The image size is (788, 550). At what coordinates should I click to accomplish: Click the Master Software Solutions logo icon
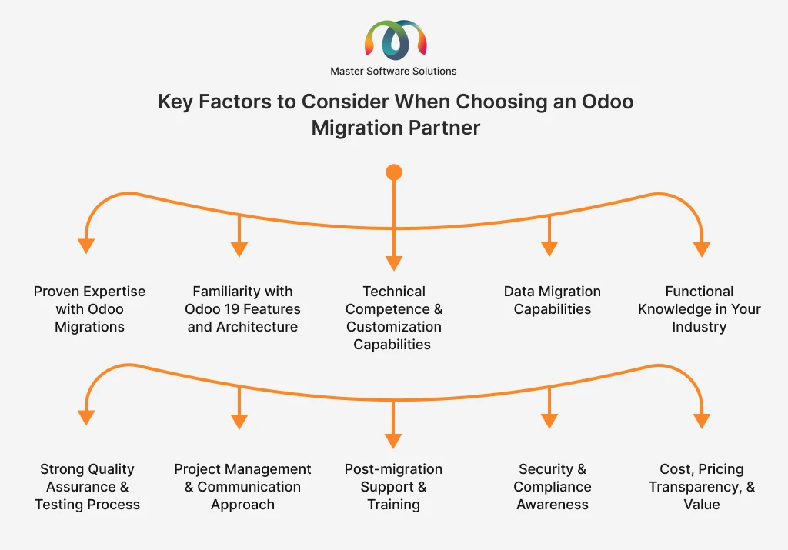[x=394, y=40]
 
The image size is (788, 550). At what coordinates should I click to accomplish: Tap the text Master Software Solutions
[x=393, y=71]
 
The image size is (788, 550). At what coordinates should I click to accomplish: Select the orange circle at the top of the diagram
[x=394, y=172]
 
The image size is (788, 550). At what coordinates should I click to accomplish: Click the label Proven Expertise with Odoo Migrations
[x=89, y=309]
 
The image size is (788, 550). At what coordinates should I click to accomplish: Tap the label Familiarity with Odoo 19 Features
[x=242, y=309]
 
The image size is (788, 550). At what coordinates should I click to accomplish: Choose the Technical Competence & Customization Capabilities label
[x=394, y=318]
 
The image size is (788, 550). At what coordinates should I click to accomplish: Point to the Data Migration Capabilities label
[x=552, y=300]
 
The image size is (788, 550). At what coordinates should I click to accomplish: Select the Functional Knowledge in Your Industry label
[x=699, y=309]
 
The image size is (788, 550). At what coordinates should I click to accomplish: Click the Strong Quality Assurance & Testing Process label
[x=87, y=487]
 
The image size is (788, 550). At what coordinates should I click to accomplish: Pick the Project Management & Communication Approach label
[x=242, y=487]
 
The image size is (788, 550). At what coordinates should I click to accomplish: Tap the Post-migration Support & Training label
[x=393, y=487]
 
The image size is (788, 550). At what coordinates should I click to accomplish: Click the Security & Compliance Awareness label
[x=552, y=487]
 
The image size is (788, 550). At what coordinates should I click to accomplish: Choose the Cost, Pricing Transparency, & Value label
[x=701, y=487]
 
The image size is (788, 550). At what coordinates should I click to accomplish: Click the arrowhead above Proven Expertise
[x=86, y=246]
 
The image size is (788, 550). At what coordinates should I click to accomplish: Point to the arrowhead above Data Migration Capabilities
[x=549, y=248]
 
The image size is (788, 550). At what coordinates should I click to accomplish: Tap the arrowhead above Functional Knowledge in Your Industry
[x=701, y=248]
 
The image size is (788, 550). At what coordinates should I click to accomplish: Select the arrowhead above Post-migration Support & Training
[x=393, y=441]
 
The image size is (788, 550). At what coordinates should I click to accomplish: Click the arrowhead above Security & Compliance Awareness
[x=549, y=421]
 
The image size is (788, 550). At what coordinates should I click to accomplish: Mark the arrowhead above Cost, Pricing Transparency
[x=701, y=421]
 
